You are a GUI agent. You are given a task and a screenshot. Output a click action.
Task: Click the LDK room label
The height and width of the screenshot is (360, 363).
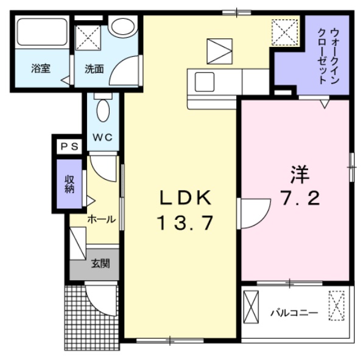click(185, 197)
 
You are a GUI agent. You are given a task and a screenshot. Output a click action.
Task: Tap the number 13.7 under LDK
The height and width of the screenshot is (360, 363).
click(185, 224)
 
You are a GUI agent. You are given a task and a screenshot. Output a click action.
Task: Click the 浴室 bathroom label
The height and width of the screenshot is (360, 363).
click(40, 69)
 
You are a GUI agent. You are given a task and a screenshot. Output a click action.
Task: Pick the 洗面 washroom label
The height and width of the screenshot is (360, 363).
click(94, 69)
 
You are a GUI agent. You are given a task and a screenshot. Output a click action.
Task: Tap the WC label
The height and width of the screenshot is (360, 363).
click(102, 136)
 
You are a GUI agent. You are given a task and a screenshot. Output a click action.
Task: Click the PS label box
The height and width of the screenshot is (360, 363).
click(67, 147)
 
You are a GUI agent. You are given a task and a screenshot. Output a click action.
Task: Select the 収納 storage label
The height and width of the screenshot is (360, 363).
click(69, 184)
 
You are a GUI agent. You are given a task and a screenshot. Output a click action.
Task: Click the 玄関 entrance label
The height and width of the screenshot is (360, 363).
click(100, 264)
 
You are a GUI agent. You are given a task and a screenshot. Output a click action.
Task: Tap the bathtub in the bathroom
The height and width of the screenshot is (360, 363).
click(41, 34)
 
